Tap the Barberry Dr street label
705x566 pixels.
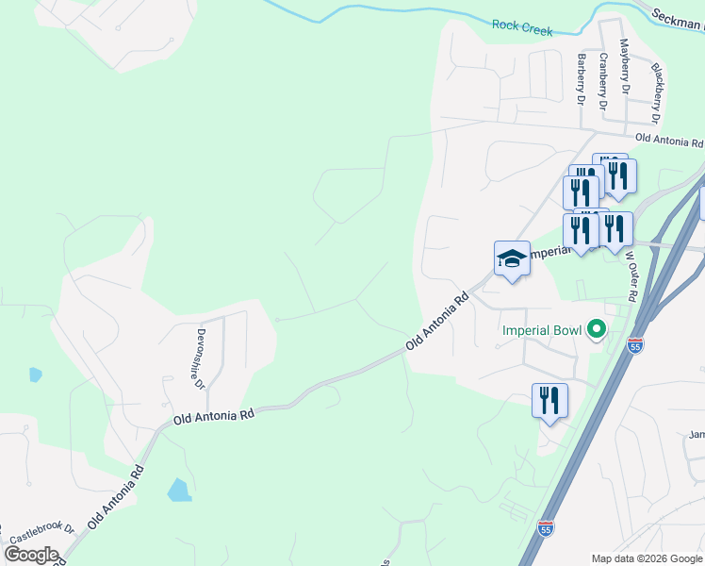[581, 78]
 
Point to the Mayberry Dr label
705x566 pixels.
[624, 66]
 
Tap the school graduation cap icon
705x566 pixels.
[512, 258]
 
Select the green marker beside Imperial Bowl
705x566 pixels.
[595, 330]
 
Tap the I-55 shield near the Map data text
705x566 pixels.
[545, 529]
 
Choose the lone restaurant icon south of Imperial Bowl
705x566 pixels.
[549, 400]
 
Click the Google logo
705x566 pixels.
[31, 554]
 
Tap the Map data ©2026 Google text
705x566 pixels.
[646, 558]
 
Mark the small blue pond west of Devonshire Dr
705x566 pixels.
[36, 375]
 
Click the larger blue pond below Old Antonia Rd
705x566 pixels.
[178, 490]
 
